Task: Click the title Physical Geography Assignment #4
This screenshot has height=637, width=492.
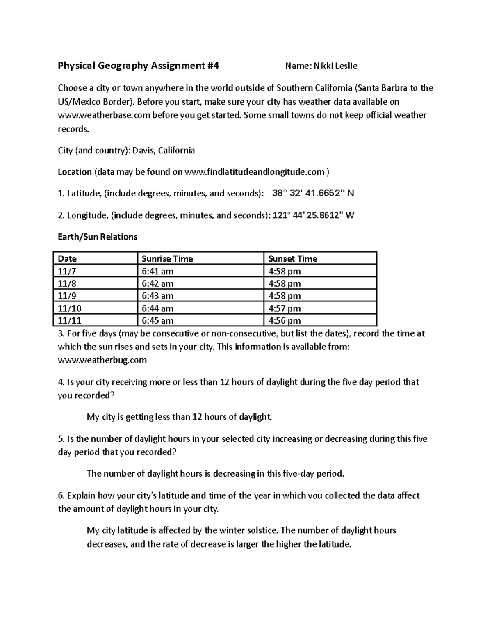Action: click(x=138, y=66)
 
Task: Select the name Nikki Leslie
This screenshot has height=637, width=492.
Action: click(x=335, y=66)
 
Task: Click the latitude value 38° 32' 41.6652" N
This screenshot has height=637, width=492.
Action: click(x=313, y=193)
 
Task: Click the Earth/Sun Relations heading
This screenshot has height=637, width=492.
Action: click(x=98, y=237)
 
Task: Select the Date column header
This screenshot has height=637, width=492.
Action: click(x=68, y=259)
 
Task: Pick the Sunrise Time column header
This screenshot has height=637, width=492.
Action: click(x=167, y=259)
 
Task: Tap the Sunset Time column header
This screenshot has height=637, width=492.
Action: click(x=293, y=259)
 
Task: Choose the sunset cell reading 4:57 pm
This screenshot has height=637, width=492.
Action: click(x=285, y=308)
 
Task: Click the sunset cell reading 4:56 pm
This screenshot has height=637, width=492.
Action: click(x=285, y=320)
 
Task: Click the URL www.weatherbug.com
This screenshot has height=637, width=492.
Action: click(x=102, y=360)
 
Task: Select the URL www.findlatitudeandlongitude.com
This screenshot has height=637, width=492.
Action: click(x=255, y=172)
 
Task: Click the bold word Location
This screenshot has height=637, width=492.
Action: click(x=75, y=172)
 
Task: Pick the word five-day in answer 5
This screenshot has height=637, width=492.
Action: click(x=298, y=474)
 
